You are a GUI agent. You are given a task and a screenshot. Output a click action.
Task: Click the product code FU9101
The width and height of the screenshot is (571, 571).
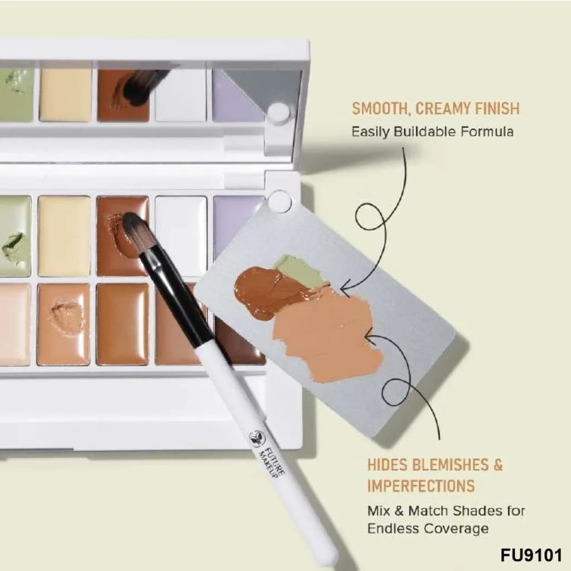tap(531, 555)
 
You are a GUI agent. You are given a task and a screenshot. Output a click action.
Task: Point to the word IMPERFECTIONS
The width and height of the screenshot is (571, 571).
tap(420, 486)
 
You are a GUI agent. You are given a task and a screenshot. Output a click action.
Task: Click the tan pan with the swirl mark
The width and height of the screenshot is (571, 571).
tap(64, 324)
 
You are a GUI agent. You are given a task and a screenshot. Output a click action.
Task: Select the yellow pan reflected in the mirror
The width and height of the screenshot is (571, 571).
tap(66, 95)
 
